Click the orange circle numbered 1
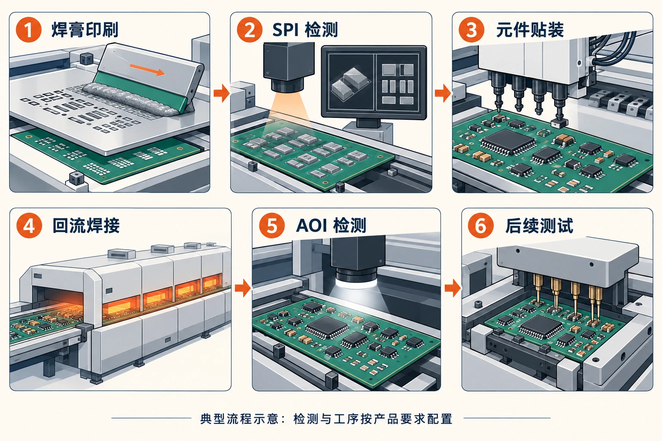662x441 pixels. pyautogui.click(x=28, y=30)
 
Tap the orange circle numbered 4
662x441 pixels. pyautogui.click(x=29, y=225)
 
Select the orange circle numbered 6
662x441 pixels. pyautogui.click(x=481, y=225)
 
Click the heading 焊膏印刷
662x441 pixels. pyautogui.click(x=85, y=30)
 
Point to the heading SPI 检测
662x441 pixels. pyautogui.click(x=305, y=30)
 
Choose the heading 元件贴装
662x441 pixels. pyautogui.click(x=530, y=30)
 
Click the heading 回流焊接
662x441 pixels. pyautogui.click(x=86, y=225)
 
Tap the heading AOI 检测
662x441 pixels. pyautogui.click(x=331, y=225)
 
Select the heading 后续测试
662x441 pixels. pyautogui.click(x=539, y=225)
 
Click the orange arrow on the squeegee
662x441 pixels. pyautogui.click(x=147, y=69)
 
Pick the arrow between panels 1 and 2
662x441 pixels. pyautogui.click(x=222, y=93)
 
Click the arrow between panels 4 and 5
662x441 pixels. pyautogui.click(x=243, y=288)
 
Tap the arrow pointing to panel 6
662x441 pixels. pyautogui.click(x=453, y=288)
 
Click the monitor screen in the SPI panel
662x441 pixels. pyautogui.click(x=374, y=82)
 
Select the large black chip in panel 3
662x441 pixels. pyautogui.click(x=507, y=142)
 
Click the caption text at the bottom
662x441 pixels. pyautogui.click(x=326, y=419)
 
